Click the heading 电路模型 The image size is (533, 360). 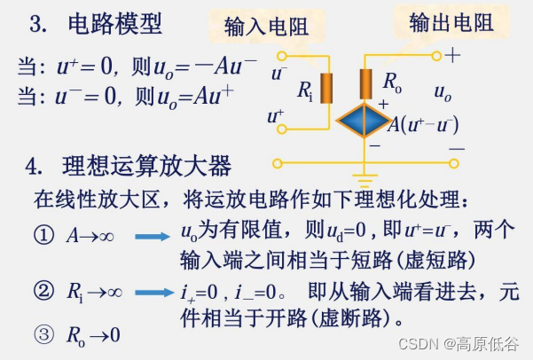point(115,25)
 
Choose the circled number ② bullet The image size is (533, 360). point(42,291)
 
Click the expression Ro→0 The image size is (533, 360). point(93,336)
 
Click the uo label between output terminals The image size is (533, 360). point(443,91)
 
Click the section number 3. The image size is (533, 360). point(38,26)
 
